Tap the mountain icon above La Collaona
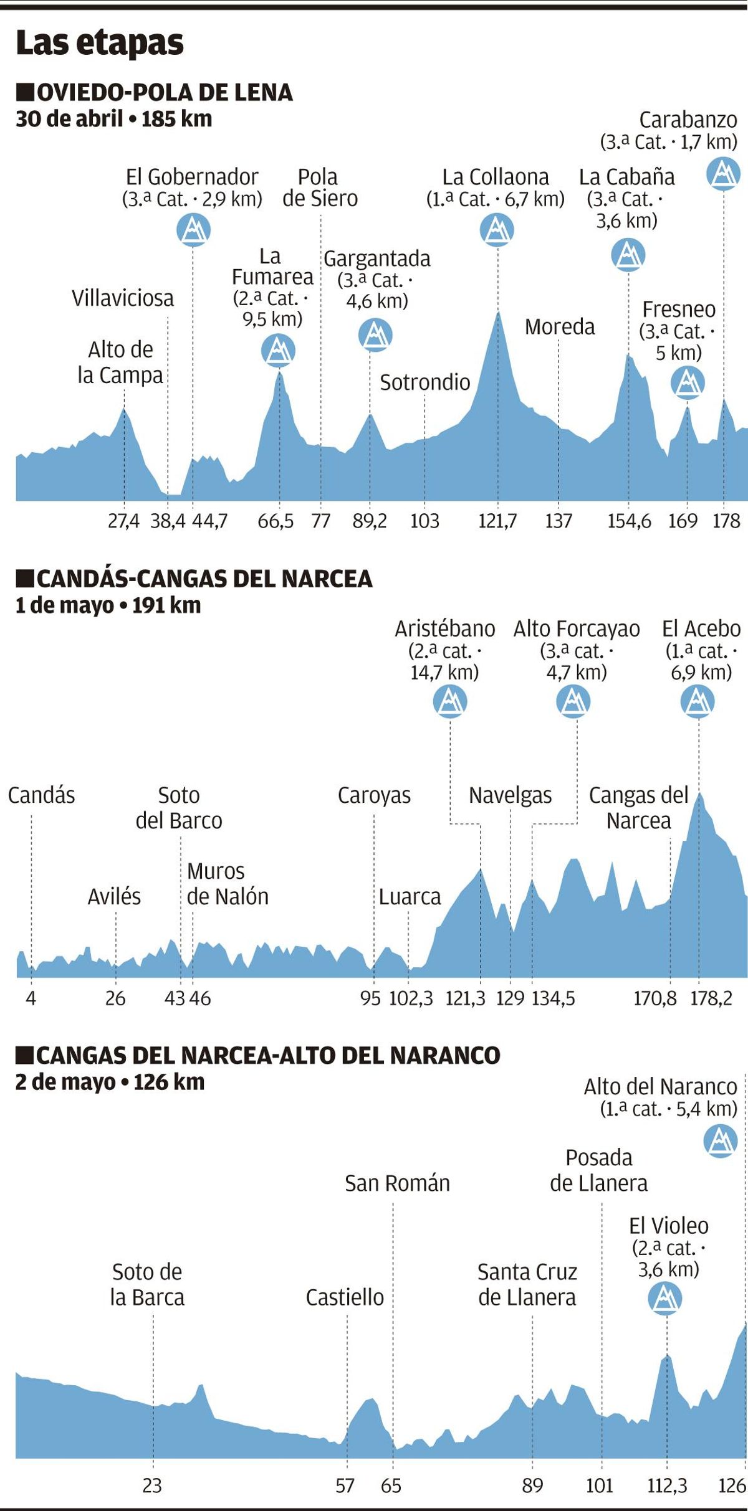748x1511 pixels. pos(497,230)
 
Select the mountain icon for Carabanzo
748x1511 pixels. pos(723,173)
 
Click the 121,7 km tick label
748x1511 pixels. pos(497,521)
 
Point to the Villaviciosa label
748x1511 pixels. pos(123,298)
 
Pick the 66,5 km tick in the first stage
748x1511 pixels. pos(276,521)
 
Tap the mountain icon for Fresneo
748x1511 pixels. pos(688,382)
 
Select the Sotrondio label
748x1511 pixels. pos(425,382)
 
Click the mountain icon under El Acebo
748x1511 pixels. pos(698,702)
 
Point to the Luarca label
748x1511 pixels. pos(410,897)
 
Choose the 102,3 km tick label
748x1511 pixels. pos(411,998)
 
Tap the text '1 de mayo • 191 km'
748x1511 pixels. pos(108,605)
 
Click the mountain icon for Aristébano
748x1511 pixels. pos(450,702)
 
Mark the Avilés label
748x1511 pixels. pos(114,897)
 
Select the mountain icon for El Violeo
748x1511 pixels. pos(665,1299)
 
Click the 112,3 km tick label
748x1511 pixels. pos(667,1486)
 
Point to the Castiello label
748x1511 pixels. pos(345,1297)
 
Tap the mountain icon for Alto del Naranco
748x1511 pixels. pos(721,1141)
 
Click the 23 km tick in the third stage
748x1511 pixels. pos(152,1486)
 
